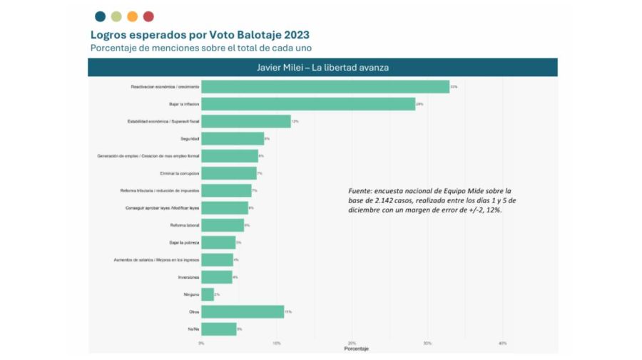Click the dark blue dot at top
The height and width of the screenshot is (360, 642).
(x=100, y=16)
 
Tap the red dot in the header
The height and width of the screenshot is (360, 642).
(x=148, y=16)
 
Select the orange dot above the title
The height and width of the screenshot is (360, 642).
(x=132, y=16)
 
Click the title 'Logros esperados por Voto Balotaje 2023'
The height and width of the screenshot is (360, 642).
(x=200, y=34)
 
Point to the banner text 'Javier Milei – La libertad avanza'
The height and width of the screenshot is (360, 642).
(x=322, y=67)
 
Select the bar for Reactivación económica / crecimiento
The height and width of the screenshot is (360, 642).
(x=325, y=87)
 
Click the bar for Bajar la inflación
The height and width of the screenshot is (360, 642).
(x=308, y=104)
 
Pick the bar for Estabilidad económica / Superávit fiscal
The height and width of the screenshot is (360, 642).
(x=245, y=121)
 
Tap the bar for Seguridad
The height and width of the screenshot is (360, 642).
(x=233, y=138)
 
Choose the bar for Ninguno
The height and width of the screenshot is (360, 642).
(x=208, y=294)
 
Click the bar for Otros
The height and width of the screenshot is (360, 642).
(x=243, y=312)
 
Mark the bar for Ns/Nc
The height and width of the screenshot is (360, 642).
(x=218, y=329)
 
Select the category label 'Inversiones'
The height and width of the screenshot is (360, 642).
(x=188, y=277)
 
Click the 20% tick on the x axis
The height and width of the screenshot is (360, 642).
(x=352, y=343)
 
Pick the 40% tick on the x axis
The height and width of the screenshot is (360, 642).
(x=502, y=343)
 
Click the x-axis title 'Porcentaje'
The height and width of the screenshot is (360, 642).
(x=356, y=349)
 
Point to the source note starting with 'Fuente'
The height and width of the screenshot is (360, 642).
(x=430, y=201)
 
